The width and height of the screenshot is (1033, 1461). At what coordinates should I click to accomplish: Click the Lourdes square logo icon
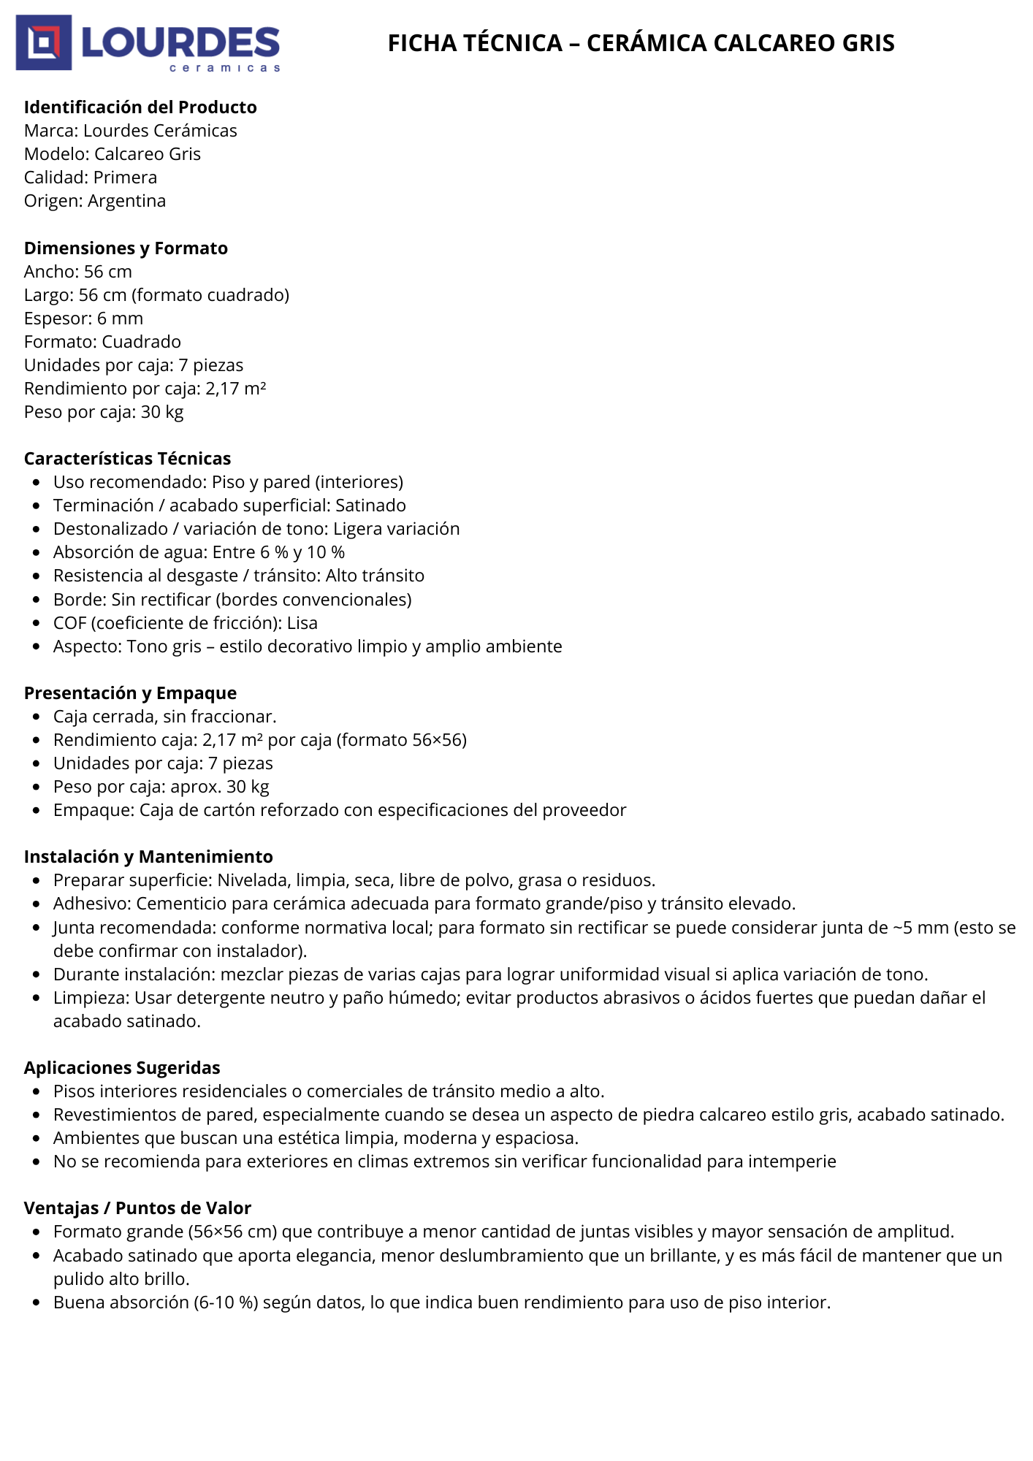click(x=44, y=42)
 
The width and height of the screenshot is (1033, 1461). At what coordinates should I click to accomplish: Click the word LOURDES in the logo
click(x=180, y=42)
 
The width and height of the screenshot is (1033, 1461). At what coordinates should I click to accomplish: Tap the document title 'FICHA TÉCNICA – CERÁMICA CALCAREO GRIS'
click(x=641, y=43)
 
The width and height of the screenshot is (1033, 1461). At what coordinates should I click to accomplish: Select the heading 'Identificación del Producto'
click(x=140, y=107)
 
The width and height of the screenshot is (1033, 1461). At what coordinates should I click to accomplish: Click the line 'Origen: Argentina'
click(x=95, y=201)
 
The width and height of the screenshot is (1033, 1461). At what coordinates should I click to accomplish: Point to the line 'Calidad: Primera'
click(x=91, y=178)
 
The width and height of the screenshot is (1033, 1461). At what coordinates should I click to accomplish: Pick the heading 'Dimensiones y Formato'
click(x=126, y=248)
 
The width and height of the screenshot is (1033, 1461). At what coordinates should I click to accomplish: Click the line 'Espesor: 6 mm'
click(x=83, y=318)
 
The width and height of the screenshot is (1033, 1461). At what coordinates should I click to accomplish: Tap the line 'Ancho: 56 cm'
click(x=78, y=272)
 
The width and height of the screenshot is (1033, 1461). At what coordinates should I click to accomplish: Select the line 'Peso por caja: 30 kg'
click(x=104, y=412)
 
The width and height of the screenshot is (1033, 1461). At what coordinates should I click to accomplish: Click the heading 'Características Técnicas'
click(x=127, y=459)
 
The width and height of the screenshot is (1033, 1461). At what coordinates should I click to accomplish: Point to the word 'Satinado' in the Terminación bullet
click(x=370, y=506)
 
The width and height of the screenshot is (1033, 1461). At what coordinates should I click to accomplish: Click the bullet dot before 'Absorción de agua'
click(x=37, y=553)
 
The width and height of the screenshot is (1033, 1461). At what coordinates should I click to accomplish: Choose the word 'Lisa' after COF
click(x=302, y=623)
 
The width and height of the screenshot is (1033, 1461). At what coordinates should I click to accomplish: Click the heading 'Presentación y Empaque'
click(x=130, y=693)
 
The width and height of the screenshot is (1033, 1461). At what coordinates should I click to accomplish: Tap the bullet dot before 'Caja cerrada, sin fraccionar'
click(x=37, y=717)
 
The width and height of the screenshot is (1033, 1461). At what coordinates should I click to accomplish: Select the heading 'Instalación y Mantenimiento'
click(x=148, y=857)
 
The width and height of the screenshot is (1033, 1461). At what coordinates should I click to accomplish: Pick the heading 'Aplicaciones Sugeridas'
click(x=122, y=1068)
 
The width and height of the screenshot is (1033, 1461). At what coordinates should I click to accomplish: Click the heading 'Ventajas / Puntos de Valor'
click(x=137, y=1208)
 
